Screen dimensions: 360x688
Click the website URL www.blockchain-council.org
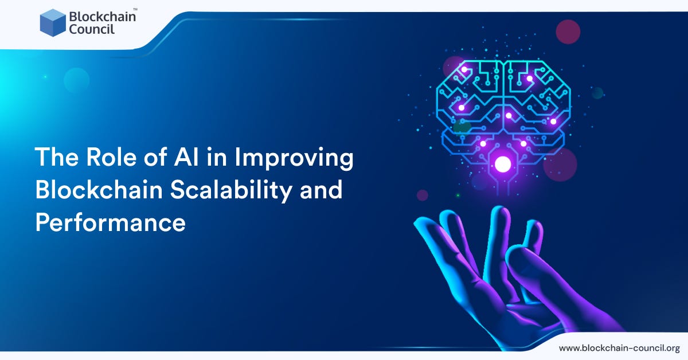[619, 348]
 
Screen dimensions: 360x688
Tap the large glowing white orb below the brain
[503, 165]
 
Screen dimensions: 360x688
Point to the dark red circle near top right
[568, 32]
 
